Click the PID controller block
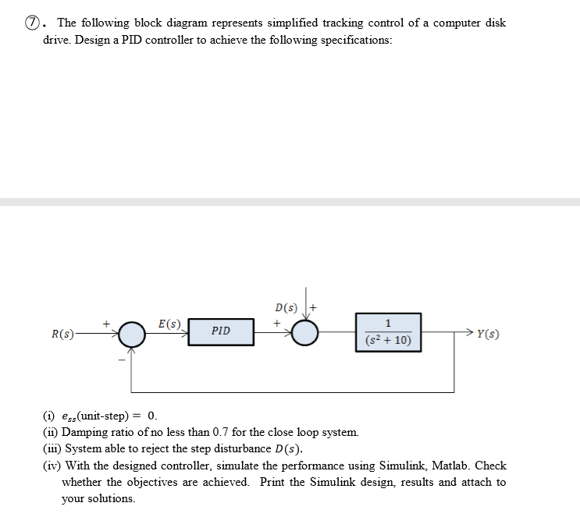coord(221,331)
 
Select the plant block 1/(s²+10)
coord(389,331)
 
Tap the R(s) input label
coord(62,335)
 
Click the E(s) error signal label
coord(169,323)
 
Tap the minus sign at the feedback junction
coord(121,361)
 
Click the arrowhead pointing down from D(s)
coord(305,313)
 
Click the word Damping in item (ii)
coord(85,432)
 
